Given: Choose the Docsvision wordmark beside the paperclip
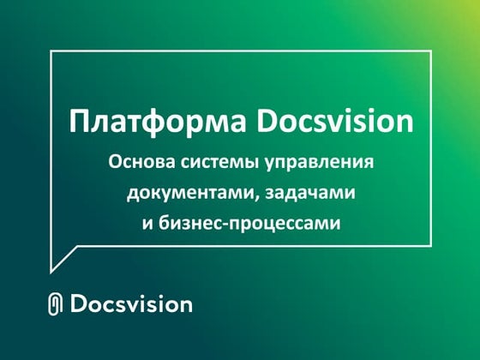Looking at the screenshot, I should (x=131, y=304).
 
